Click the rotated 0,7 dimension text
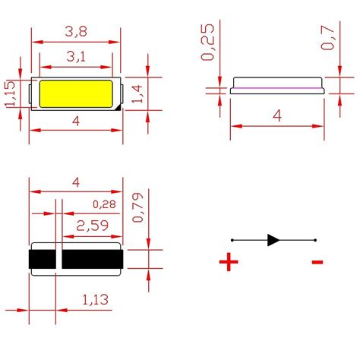pyautogui.click(x=328, y=36)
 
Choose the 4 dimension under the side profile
pyautogui.click(x=277, y=116)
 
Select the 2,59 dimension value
pyautogui.click(x=91, y=225)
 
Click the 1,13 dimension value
pyautogui.click(x=94, y=301)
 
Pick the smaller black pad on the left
pyautogui.click(x=43, y=260)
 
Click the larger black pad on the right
pyautogui.click(x=91, y=260)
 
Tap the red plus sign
pyautogui.click(x=228, y=263)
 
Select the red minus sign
pyautogui.click(x=317, y=263)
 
